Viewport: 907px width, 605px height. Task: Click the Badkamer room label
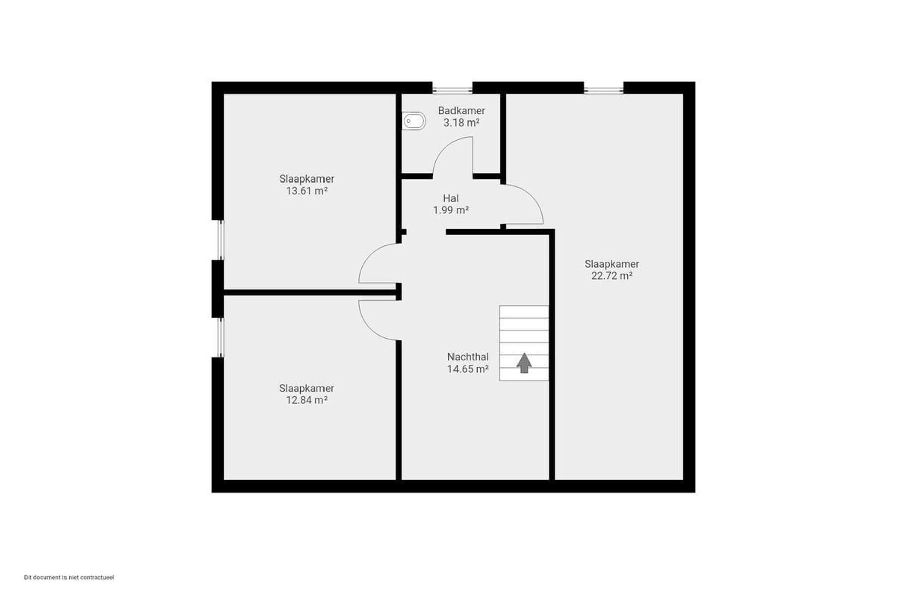coord(462,111)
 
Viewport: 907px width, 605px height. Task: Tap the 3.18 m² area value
coord(461,123)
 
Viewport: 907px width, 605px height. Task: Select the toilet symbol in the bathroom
coord(414,121)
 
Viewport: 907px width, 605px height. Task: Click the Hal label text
coord(451,198)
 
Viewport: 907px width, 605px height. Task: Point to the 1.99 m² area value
coord(451,210)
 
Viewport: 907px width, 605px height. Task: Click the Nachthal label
coord(468,357)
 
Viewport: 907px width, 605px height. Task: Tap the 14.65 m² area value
coord(468,369)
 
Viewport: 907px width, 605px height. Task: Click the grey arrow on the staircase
coord(524,362)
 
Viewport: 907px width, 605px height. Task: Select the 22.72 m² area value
coord(612,276)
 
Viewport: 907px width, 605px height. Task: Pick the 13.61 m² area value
coord(307,191)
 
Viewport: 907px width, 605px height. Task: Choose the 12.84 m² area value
coord(307,400)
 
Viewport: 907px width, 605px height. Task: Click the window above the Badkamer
coord(452,90)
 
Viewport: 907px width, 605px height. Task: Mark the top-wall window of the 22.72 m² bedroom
coord(604,90)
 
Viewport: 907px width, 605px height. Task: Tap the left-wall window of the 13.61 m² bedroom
coord(220,240)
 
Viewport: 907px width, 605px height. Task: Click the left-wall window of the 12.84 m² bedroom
coord(220,337)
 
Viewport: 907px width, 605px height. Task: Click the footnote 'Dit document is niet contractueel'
coord(69,577)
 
